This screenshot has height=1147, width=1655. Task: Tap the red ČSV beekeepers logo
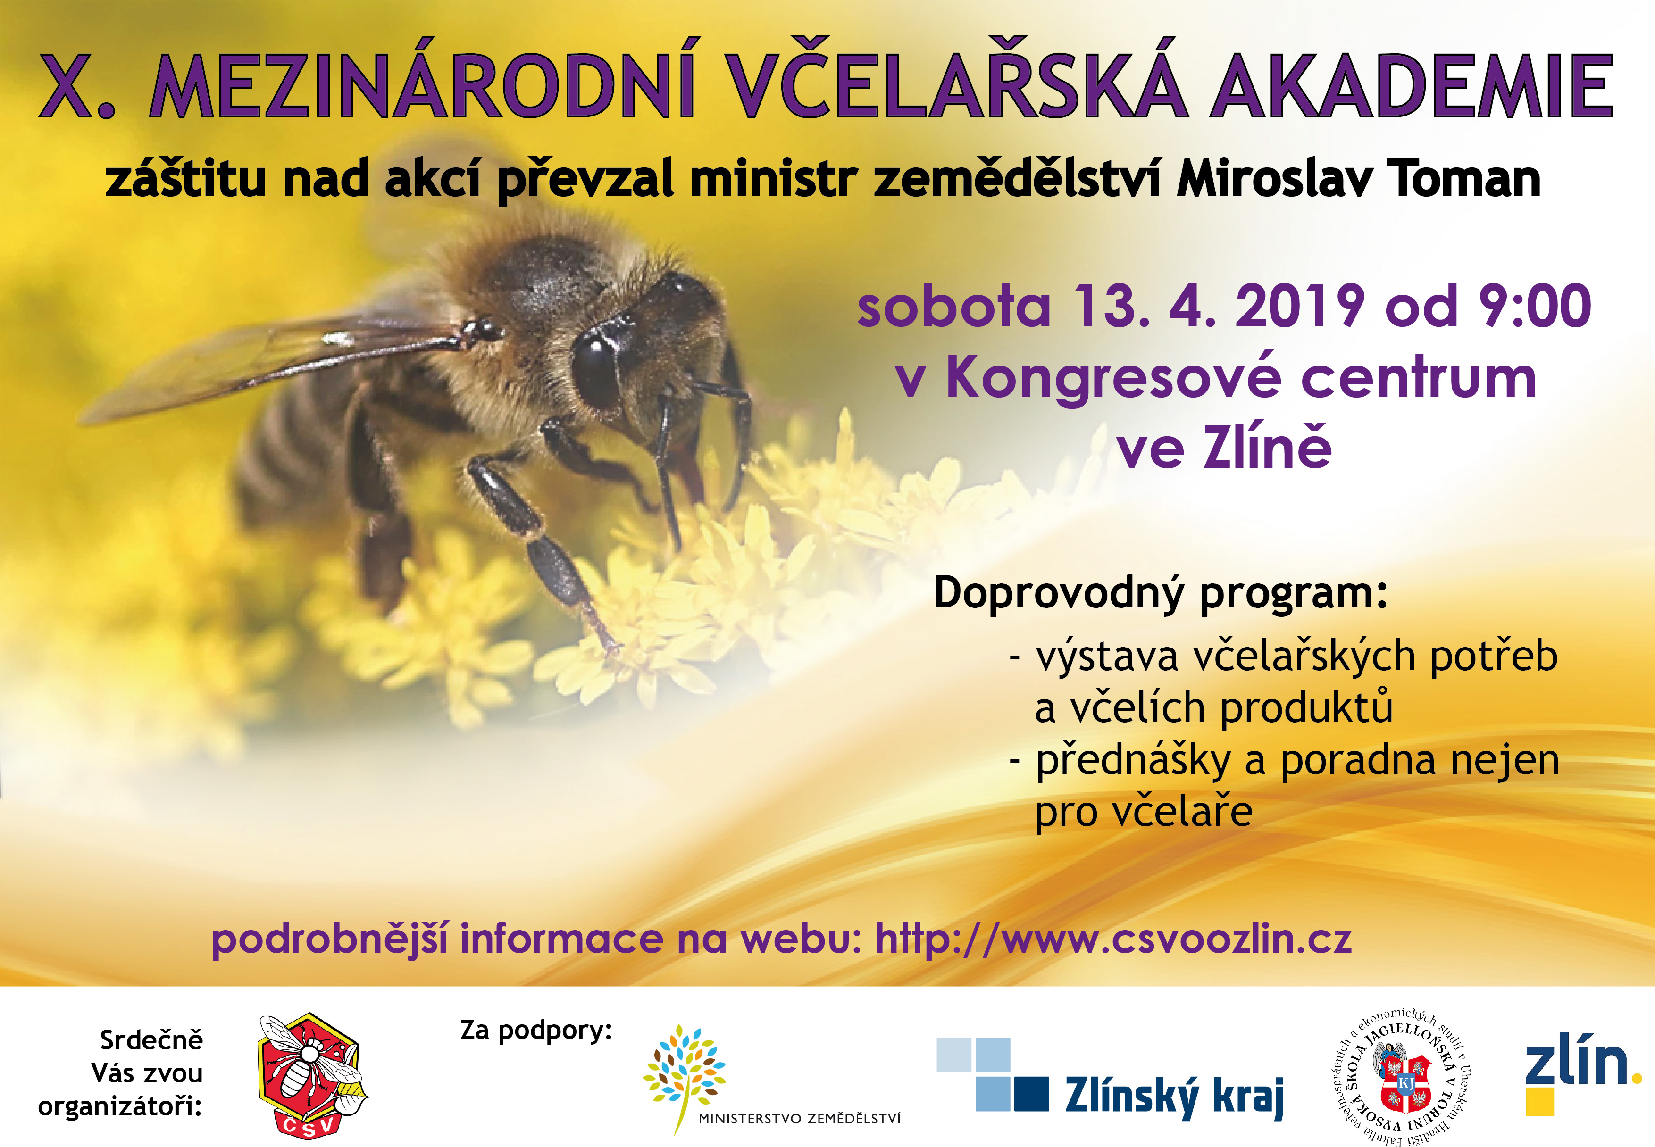[312, 1076]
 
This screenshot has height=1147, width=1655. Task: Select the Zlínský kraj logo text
[1175, 1096]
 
